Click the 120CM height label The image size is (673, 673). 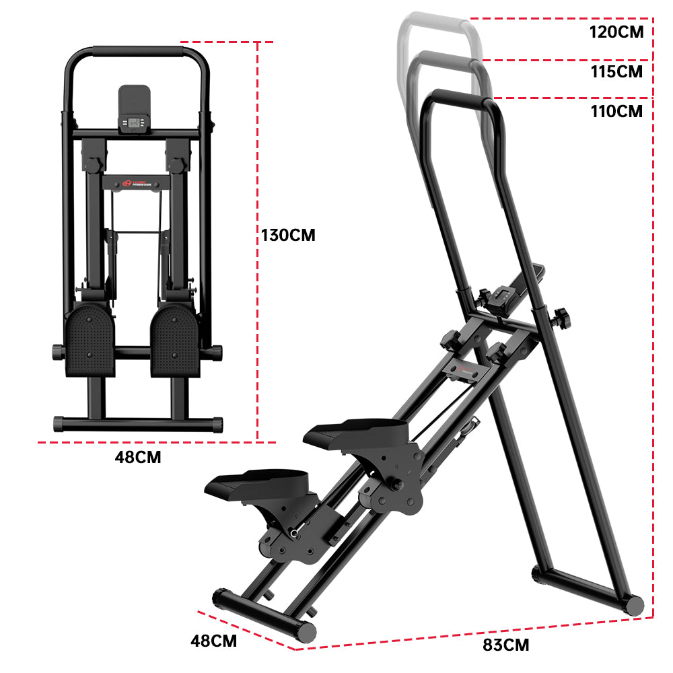click(616, 32)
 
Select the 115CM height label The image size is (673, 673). click(616, 71)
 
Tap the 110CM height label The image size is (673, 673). click(616, 112)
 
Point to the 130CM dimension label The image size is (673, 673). click(288, 236)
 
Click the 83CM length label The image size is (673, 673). click(506, 645)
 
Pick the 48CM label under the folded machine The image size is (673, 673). click(138, 458)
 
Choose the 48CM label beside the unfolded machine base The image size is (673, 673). click(214, 641)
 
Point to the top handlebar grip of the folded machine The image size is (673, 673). click(137, 51)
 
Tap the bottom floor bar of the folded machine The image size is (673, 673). click(137, 424)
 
